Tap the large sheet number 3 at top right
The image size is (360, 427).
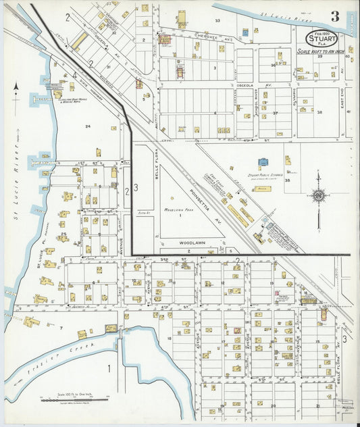pos(335,16)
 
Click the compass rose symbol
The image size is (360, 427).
pos(317,196)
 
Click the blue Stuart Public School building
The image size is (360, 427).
pos(263,163)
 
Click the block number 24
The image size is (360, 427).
pos(87,126)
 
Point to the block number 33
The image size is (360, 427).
pos(217,22)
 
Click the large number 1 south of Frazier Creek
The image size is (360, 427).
pos(109,369)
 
